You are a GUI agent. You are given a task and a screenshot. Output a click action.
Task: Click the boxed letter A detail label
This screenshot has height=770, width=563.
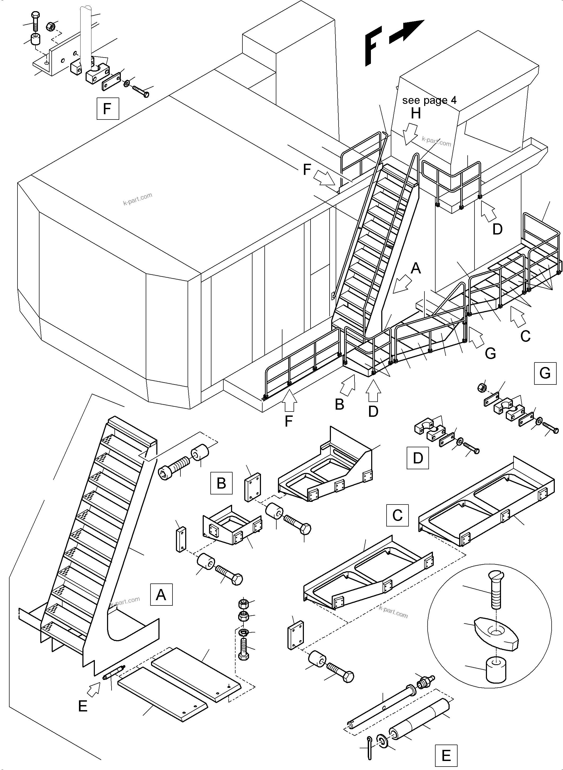tap(161, 595)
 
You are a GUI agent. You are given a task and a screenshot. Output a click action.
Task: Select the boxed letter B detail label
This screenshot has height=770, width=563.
tap(221, 483)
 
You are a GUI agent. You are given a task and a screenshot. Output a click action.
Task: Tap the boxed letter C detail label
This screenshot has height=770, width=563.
tap(397, 515)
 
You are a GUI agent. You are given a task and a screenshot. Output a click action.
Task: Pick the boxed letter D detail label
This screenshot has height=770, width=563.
tap(418, 458)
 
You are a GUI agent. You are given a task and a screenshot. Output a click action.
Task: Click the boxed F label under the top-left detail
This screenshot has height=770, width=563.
tap(108, 108)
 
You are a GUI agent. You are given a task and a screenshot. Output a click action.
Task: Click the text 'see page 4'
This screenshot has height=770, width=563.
tap(429, 100)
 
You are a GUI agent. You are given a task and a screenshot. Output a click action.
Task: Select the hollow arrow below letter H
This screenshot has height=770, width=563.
tap(411, 134)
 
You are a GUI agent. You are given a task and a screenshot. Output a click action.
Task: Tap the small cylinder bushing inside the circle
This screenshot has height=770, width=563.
tap(496, 670)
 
